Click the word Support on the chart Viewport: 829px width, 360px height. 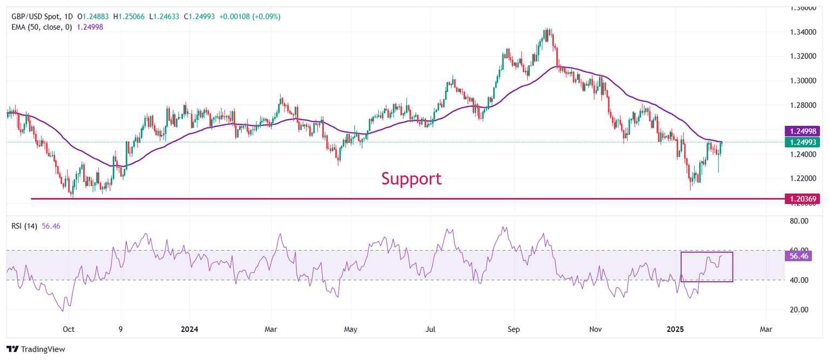click(x=411, y=178)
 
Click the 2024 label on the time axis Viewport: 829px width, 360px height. click(x=189, y=329)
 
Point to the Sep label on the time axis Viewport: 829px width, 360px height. click(x=514, y=329)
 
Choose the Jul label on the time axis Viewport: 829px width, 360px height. click(x=431, y=329)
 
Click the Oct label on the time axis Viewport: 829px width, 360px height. click(x=68, y=329)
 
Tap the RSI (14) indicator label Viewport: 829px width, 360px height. click(x=24, y=226)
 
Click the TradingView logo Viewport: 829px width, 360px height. click(x=36, y=349)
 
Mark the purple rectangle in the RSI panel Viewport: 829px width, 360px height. click(x=706, y=267)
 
